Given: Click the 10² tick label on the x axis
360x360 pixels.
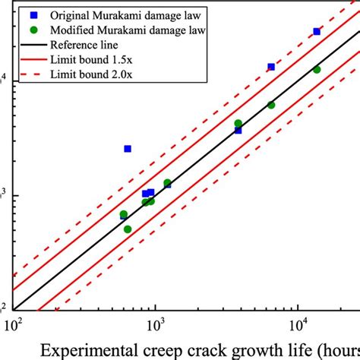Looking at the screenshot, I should [14, 327].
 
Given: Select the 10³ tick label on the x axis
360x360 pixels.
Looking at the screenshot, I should [156, 327].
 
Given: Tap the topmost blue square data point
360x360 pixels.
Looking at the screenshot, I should [317, 32].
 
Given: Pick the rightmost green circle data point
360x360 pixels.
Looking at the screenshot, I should [317, 70].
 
